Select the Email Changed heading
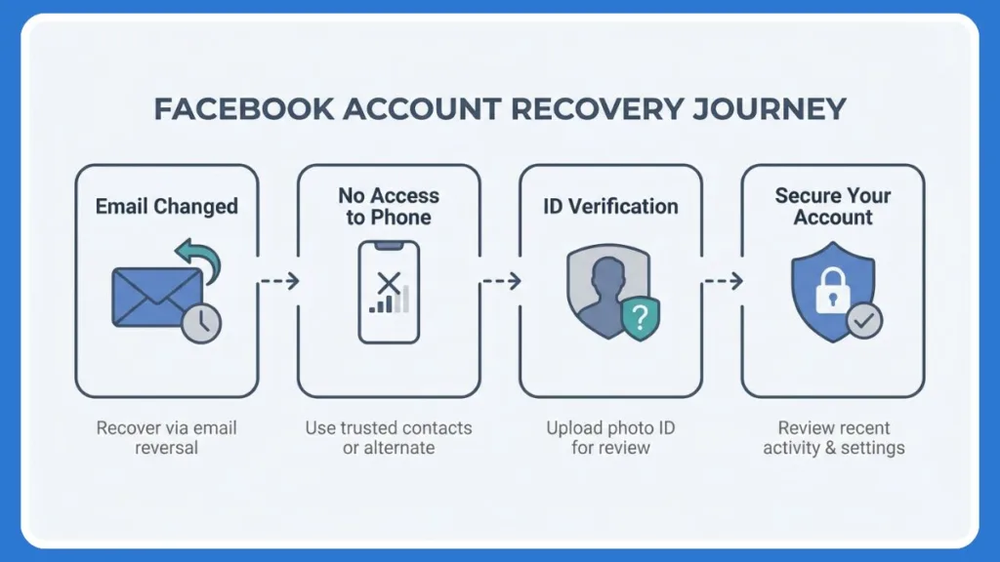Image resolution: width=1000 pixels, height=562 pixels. pos(166,206)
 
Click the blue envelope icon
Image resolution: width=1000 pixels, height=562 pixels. pos(156,297)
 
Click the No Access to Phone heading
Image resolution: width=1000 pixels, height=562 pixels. pos(389,206)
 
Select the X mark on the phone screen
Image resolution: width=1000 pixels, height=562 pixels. pos(389,284)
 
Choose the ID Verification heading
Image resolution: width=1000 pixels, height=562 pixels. pos(610,206)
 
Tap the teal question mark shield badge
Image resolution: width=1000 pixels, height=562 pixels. pos(641,318)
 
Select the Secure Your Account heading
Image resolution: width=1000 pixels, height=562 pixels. pos(833,206)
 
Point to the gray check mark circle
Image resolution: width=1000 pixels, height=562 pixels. pos(864,320)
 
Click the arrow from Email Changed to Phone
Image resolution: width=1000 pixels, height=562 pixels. pos(278,281)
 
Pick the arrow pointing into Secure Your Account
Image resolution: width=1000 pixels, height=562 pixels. pos(723,281)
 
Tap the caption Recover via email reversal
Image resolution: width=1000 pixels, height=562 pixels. pos(166,438)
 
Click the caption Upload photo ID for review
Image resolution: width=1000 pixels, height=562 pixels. pos(610,438)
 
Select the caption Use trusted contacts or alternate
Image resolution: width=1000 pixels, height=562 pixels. pos(389,438)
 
